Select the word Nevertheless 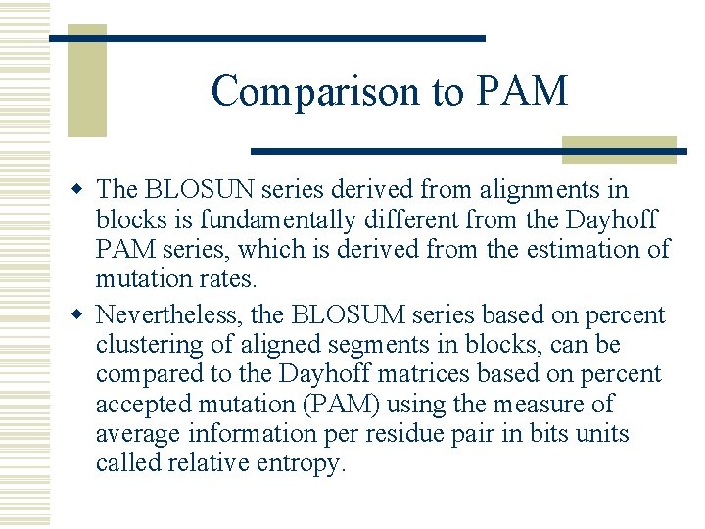tap(169, 316)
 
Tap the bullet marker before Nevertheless tap(84, 315)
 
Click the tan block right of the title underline tap(619, 149)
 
